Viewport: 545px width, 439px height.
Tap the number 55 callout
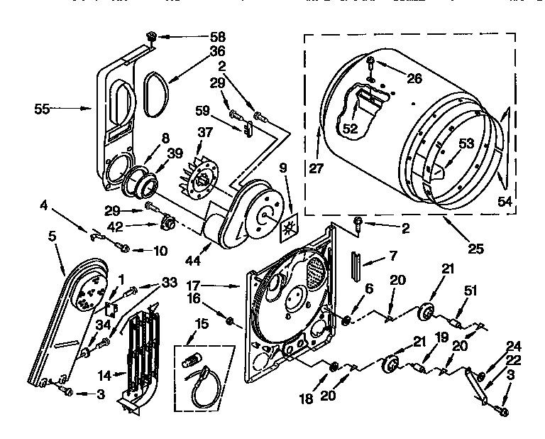[42, 109]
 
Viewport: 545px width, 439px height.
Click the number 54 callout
[505, 202]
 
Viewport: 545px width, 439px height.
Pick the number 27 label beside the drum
[316, 169]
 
